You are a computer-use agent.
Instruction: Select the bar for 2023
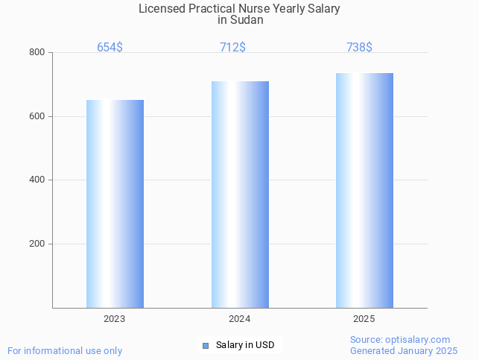115,203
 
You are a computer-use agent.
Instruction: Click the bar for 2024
240,195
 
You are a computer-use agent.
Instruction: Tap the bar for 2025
364,190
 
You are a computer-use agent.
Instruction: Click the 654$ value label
110,47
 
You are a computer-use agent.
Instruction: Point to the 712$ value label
233,47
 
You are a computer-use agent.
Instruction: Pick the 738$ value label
359,47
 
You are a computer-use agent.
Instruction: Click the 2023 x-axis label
115,319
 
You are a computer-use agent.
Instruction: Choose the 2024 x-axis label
240,319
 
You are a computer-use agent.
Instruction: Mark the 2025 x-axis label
364,319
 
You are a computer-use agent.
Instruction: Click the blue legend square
206,345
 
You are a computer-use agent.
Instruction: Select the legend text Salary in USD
245,345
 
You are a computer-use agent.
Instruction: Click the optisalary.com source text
400,340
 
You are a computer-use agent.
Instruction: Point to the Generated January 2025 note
404,351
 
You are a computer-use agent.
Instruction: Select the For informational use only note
65,351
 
